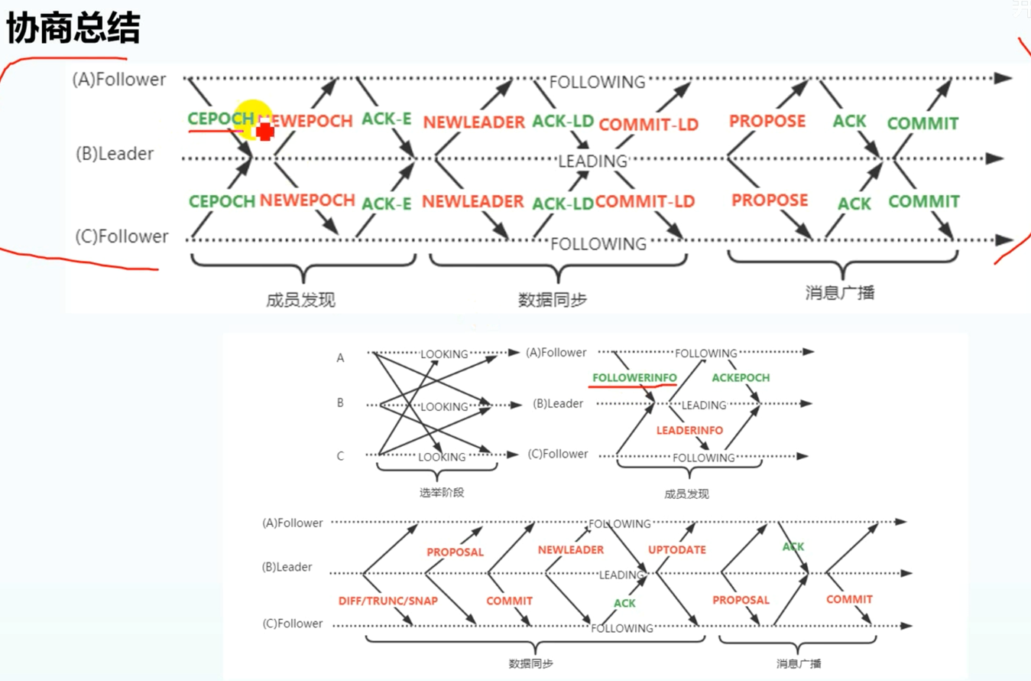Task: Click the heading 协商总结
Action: pos(73,28)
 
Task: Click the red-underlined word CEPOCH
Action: pos(220,119)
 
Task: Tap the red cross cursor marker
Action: pos(265,132)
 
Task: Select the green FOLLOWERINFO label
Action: pos(634,377)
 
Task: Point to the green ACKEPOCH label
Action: pos(741,377)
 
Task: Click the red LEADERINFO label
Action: pos(689,430)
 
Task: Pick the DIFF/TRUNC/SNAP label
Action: pos(388,601)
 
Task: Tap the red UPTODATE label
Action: pos(677,549)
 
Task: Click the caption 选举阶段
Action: pos(442,492)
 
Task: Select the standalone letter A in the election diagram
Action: pos(340,357)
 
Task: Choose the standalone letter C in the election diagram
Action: pos(340,456)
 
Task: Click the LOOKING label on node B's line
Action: pos(444,406)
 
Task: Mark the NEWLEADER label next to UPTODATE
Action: pos(571,549)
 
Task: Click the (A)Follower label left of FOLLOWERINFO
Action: pos(556,353)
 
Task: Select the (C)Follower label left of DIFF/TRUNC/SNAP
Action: pos(293,624)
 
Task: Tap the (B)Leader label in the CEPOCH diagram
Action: pos(115,154)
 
